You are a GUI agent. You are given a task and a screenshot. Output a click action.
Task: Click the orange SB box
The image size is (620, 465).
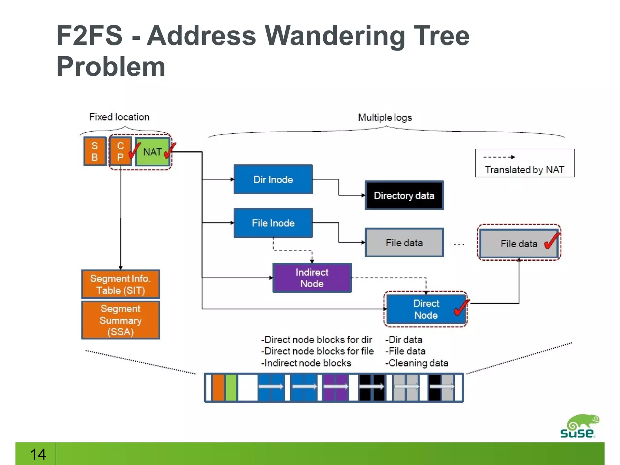[x=95, y=151]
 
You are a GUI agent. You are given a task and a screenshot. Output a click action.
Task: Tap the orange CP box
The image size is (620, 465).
[x=120, y=151]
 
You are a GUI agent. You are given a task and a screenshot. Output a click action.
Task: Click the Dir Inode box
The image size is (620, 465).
[x=273, y=180]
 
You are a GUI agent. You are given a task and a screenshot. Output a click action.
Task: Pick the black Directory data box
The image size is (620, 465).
[x=404, y=196]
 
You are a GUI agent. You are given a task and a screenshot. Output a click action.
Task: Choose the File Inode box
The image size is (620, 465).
[x=273, y=223]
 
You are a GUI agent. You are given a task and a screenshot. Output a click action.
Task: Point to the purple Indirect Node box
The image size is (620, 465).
[x=312, y=278]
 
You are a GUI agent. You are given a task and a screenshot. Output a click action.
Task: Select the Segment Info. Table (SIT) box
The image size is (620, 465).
[x=120, y=284]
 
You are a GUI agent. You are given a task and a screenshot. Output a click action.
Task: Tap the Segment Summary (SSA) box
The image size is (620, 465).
[x=120, y=320]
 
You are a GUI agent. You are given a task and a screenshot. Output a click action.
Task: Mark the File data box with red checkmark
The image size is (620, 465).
[x=519, y=244]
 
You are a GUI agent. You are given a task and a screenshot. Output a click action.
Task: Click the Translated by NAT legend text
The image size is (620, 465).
[x=524, y=170]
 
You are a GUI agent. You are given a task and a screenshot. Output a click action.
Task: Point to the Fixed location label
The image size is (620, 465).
[x=119, y=117]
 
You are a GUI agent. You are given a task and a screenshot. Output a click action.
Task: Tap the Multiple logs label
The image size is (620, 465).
[x=385, y=117]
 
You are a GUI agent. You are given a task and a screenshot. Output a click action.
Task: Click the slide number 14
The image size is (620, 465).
[x=38, y=454]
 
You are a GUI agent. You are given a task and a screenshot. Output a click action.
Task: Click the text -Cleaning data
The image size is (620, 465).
[x=417, y=363]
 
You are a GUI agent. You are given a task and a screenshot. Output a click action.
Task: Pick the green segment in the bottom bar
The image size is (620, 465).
[x=231, y=387]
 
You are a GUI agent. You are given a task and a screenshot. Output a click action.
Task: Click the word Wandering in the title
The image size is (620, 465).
[x=334, y=36]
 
